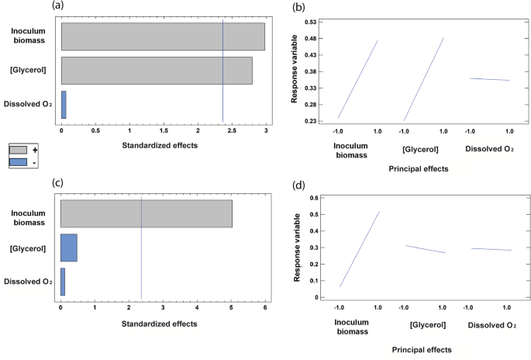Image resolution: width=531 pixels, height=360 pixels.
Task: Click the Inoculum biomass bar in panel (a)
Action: click(x=163, y=36)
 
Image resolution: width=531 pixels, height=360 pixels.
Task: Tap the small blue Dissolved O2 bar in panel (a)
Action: click(x=64, y=104)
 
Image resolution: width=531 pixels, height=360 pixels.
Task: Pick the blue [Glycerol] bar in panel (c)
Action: click(x=68, y=247)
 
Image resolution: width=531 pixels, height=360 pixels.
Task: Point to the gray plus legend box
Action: click(x=19, y=150)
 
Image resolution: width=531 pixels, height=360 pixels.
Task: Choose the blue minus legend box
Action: click(x=19, y=162)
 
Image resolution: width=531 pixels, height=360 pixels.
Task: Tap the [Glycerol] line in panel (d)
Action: click(x=422, y=248)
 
